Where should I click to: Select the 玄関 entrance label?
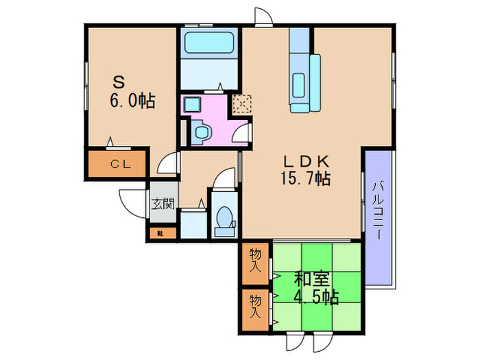(x=163, y=204)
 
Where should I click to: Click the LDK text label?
(x=309, y=162)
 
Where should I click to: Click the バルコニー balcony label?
(x=378, y=209)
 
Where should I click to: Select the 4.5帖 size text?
(x=316, y=298)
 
